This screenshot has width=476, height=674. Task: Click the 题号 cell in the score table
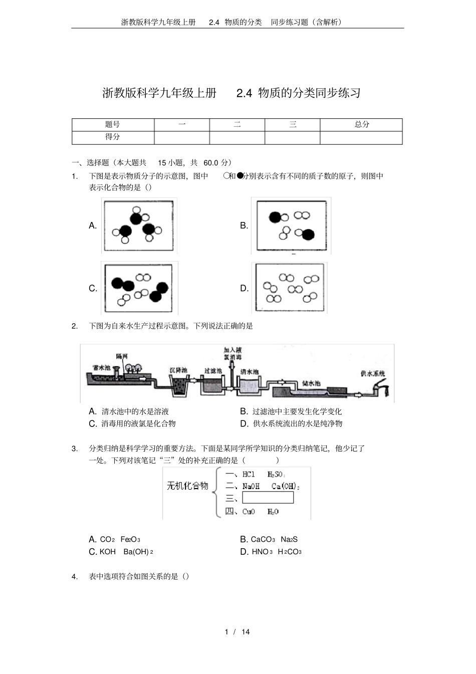(x=113, y=125)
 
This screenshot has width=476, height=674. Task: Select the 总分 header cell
(x=361, y=125)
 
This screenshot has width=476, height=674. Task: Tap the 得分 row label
(x=113, y=137)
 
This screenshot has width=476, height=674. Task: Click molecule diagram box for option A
(x=139, y=226)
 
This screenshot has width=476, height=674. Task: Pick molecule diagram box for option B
(x=291, y=226)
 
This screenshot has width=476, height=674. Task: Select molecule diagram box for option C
(x=139, y=288)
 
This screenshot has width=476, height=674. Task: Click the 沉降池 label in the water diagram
(x=178, y=370)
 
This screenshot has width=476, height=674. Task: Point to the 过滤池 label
(x=213, y=371)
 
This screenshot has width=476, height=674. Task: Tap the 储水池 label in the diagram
(x=311, y=383)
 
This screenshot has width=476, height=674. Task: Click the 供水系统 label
(x=373, y=374)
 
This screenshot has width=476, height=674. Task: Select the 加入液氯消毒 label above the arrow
(x=232, y=354)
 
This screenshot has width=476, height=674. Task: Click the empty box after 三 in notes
(x=268, y=498)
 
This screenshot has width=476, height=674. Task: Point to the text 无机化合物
(x=187, y=486)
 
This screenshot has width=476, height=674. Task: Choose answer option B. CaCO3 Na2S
(x=269, y=540)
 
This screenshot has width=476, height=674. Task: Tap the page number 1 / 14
(x=237, y=632)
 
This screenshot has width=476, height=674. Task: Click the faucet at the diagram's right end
(x=383, y=389)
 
